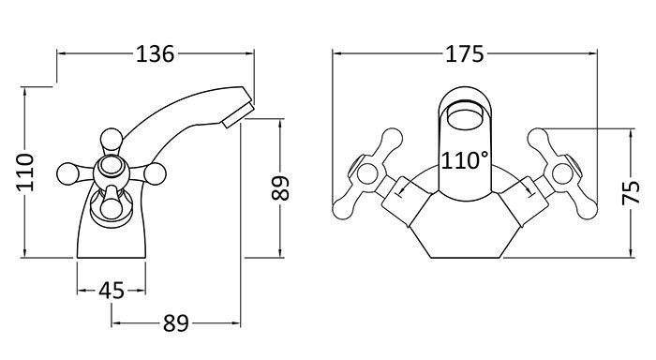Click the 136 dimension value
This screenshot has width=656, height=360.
[155, 54]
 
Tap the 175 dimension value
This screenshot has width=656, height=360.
[464, 54]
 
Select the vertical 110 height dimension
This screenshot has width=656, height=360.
[25, 172]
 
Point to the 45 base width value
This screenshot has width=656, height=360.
[112, 291]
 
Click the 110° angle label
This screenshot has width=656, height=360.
[465, 160]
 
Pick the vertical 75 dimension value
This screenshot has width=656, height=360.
[631, 192]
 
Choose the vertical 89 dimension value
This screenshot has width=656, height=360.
[280, 187]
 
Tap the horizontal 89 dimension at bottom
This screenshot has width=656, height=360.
[176, 323]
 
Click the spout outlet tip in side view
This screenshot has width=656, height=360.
[238, 116]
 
